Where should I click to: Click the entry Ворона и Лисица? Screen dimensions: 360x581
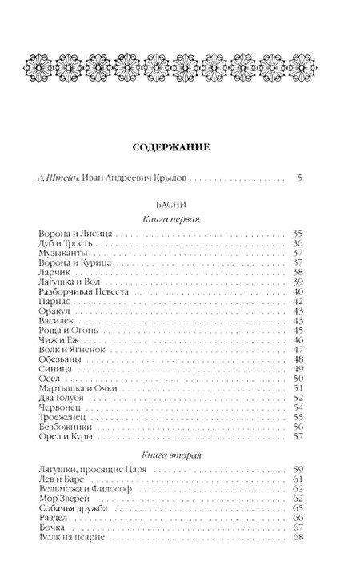pyautogui.click(x=77, y=234)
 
